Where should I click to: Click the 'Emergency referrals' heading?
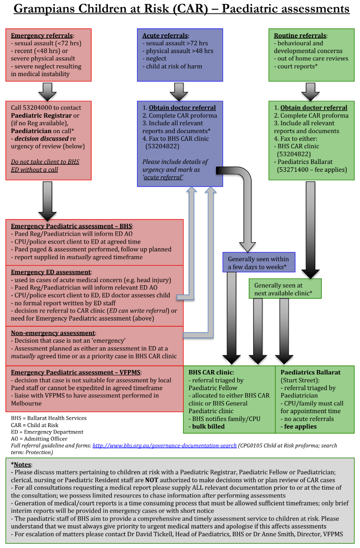42,36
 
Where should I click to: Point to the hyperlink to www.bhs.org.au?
164,445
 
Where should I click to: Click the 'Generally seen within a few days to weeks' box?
259,262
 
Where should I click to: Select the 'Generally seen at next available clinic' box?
285,289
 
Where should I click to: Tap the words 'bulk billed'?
207,426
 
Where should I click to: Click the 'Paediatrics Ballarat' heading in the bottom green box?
310,372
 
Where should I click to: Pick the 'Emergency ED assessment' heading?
51,272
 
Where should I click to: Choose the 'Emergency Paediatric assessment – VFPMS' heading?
76,372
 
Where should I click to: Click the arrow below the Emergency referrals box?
48,91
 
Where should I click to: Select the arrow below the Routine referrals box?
310,91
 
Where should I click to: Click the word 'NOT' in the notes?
151,480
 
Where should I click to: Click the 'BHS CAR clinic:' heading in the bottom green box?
211,372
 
